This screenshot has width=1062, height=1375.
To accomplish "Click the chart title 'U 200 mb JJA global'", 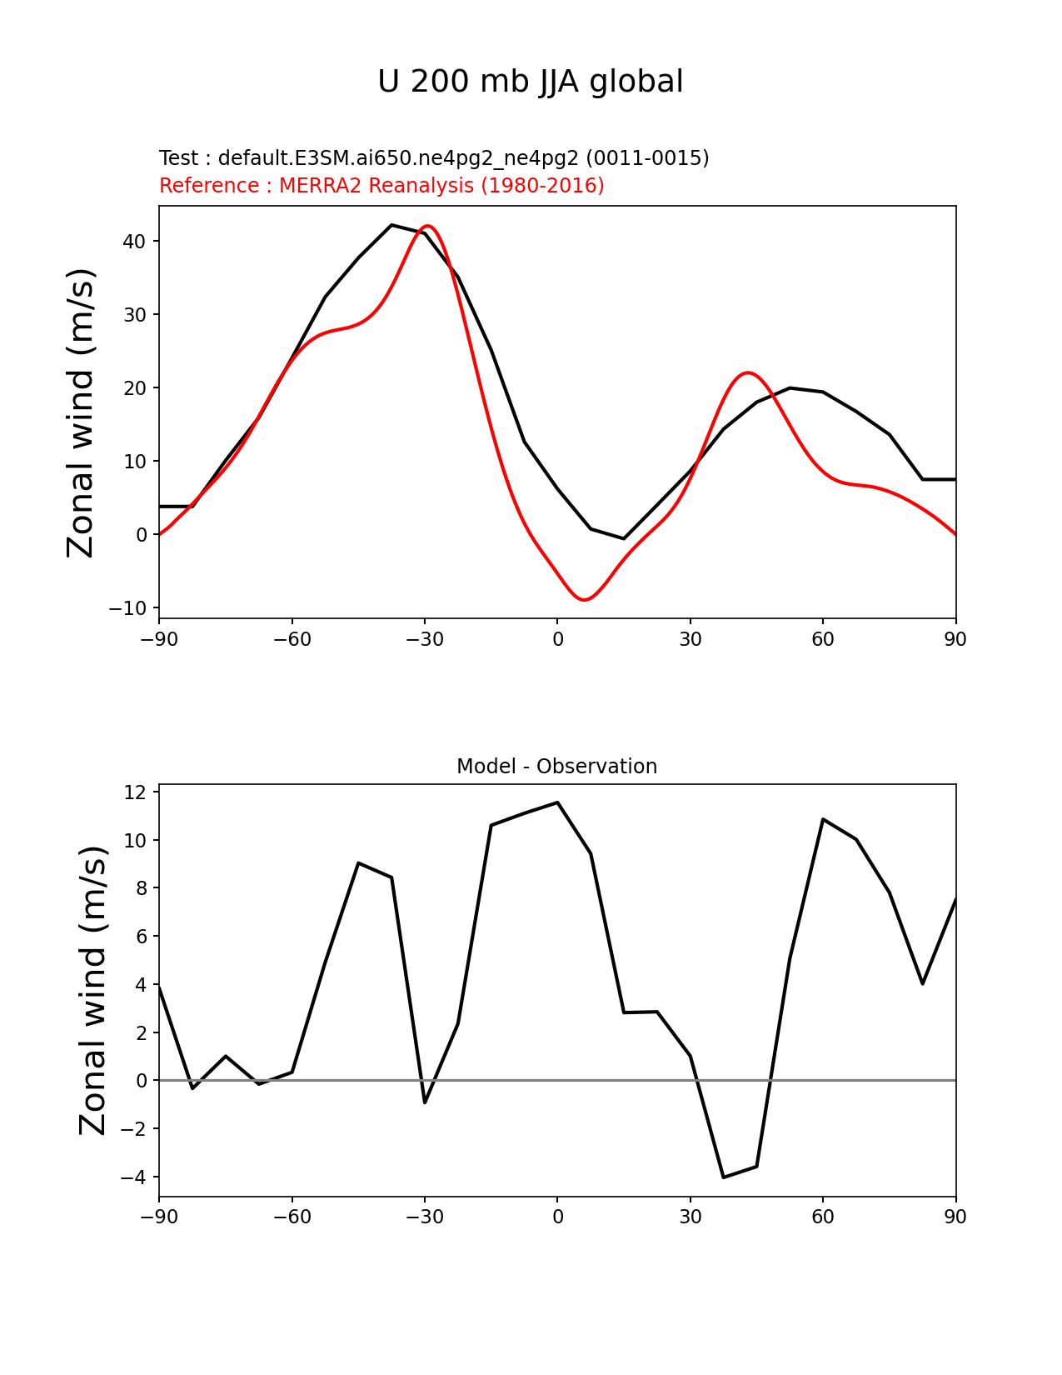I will point(531,82).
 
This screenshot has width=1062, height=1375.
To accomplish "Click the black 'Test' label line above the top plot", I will point(434,158).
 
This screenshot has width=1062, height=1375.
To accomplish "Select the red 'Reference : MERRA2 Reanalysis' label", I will point(381,186).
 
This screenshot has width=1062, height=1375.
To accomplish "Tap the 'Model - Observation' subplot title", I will point(556,767).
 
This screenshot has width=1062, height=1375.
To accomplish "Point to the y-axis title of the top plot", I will point(82,412).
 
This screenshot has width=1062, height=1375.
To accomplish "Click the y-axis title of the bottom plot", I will point(93,990).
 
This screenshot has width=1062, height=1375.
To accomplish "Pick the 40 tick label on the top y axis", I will point(134,242).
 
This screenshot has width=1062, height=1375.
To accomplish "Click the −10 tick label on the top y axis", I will point(127,608).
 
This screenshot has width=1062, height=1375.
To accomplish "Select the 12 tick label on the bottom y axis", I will point(135,792).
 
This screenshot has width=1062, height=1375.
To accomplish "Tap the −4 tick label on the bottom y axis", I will point(133,1177).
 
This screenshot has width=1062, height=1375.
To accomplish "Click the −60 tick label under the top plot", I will point(292,639).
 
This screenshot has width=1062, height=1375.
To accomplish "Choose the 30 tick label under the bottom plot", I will point(691,1217).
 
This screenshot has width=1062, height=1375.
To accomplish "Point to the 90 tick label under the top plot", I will point(955,639).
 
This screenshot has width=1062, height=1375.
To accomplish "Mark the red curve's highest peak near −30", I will point(427,226).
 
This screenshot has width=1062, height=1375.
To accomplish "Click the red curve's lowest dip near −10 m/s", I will point(585,600).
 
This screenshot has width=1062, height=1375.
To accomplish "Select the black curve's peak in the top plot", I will point(391,225).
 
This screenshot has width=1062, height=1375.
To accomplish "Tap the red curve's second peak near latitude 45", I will point(748,372).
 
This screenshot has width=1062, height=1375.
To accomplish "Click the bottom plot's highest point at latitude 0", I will point(557,802).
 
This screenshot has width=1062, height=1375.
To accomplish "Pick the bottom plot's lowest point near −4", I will point(724,1177).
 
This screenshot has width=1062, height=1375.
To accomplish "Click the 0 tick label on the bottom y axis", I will point(142,1081).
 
